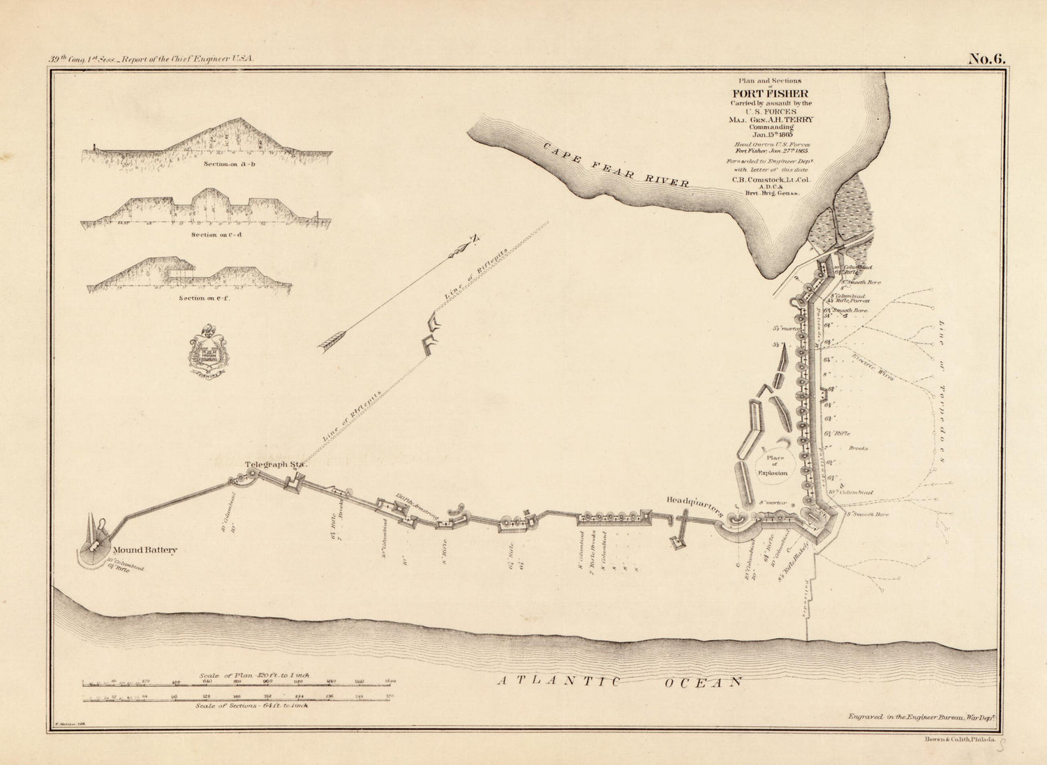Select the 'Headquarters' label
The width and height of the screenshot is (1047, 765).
pyautogui.click(x=695, y=505)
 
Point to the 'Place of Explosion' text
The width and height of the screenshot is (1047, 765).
pyautogui.click(x=775, y=466)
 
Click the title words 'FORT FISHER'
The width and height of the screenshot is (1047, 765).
pyautogui.click(x=770, y=93)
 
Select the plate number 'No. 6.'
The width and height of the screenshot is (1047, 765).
pyautogui.click(x=986, y=59)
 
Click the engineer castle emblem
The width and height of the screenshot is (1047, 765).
pyautogui.click(x=207, y=349)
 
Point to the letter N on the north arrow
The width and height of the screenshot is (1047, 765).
pyautogui.click(x=474, y=239)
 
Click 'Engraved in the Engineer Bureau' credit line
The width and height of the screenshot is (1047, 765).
pyautogui.click(x=920, y=716)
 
